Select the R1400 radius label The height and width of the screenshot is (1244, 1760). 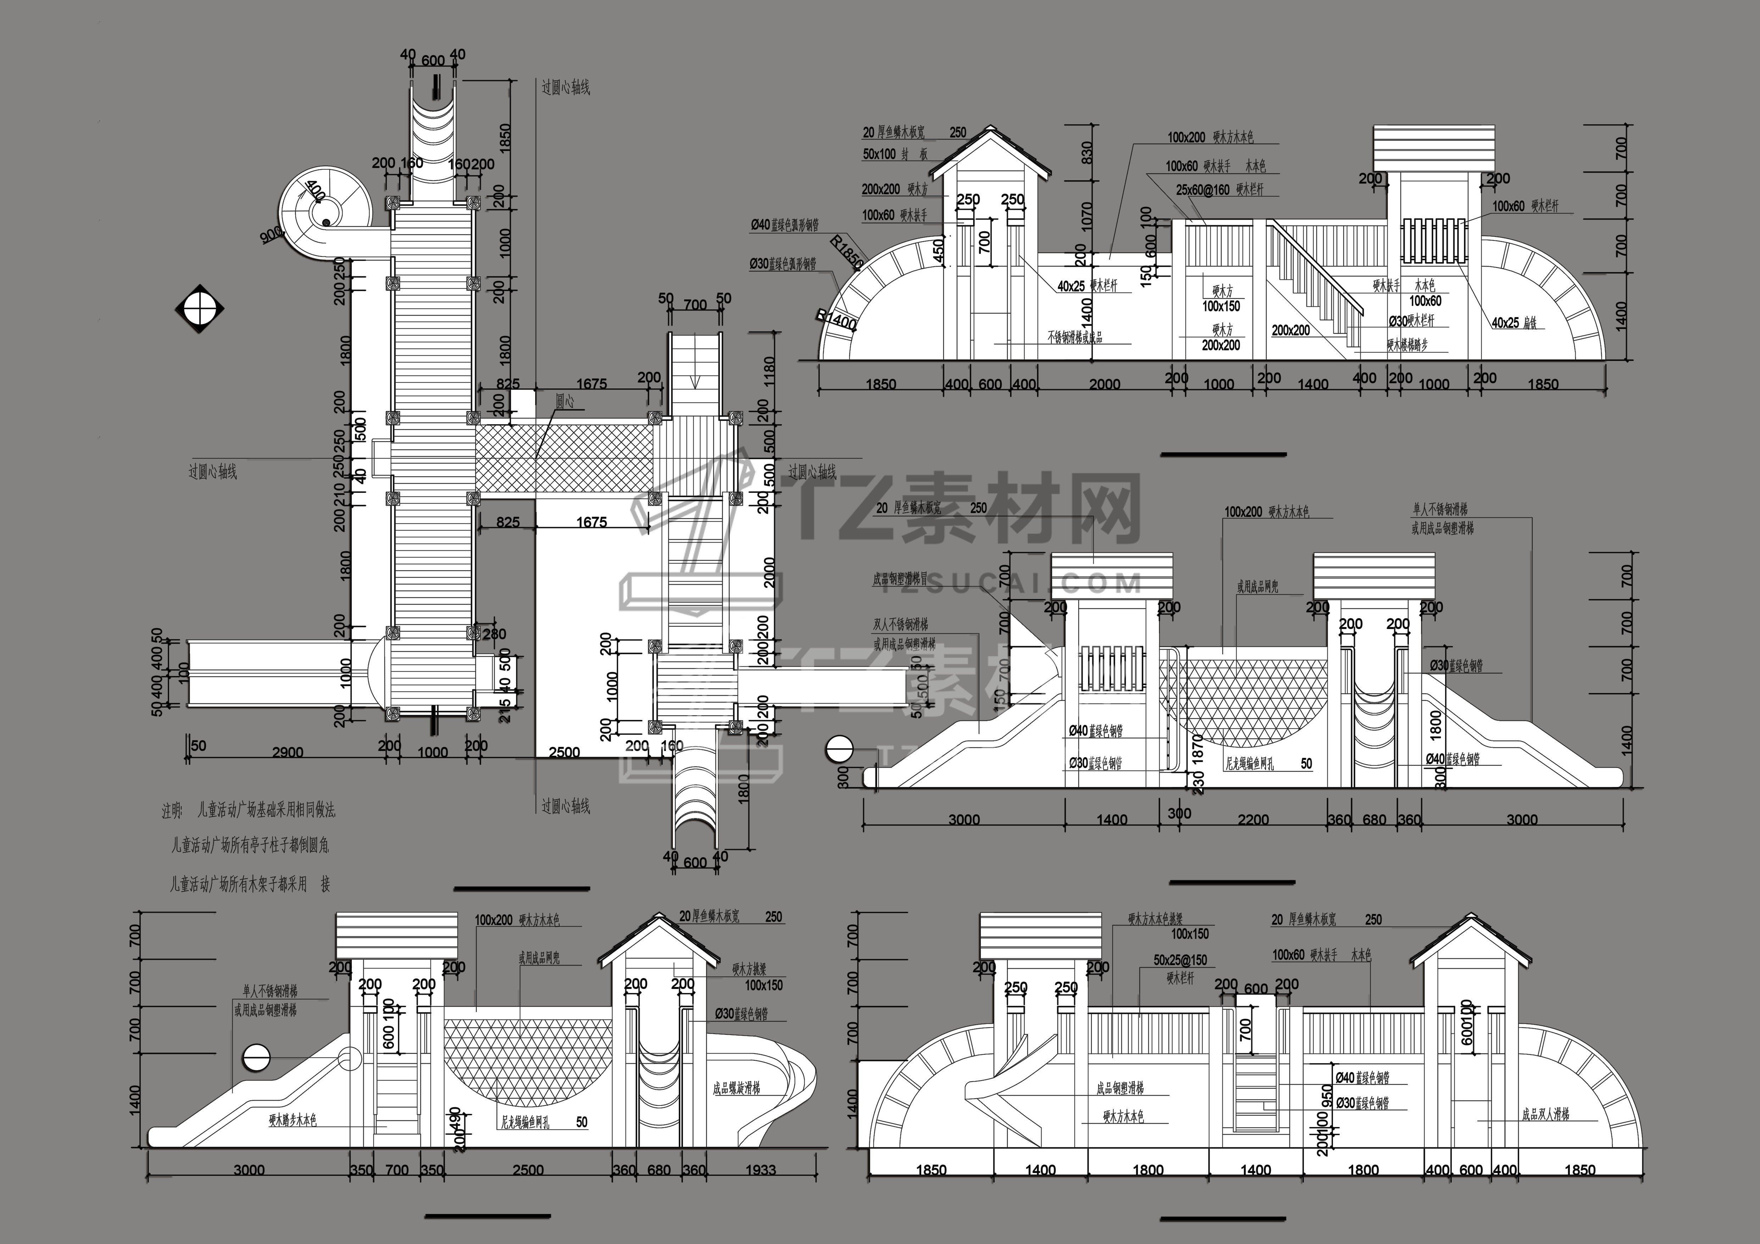pos(836,320)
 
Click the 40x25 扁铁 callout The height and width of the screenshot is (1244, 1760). pos(1514,323)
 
